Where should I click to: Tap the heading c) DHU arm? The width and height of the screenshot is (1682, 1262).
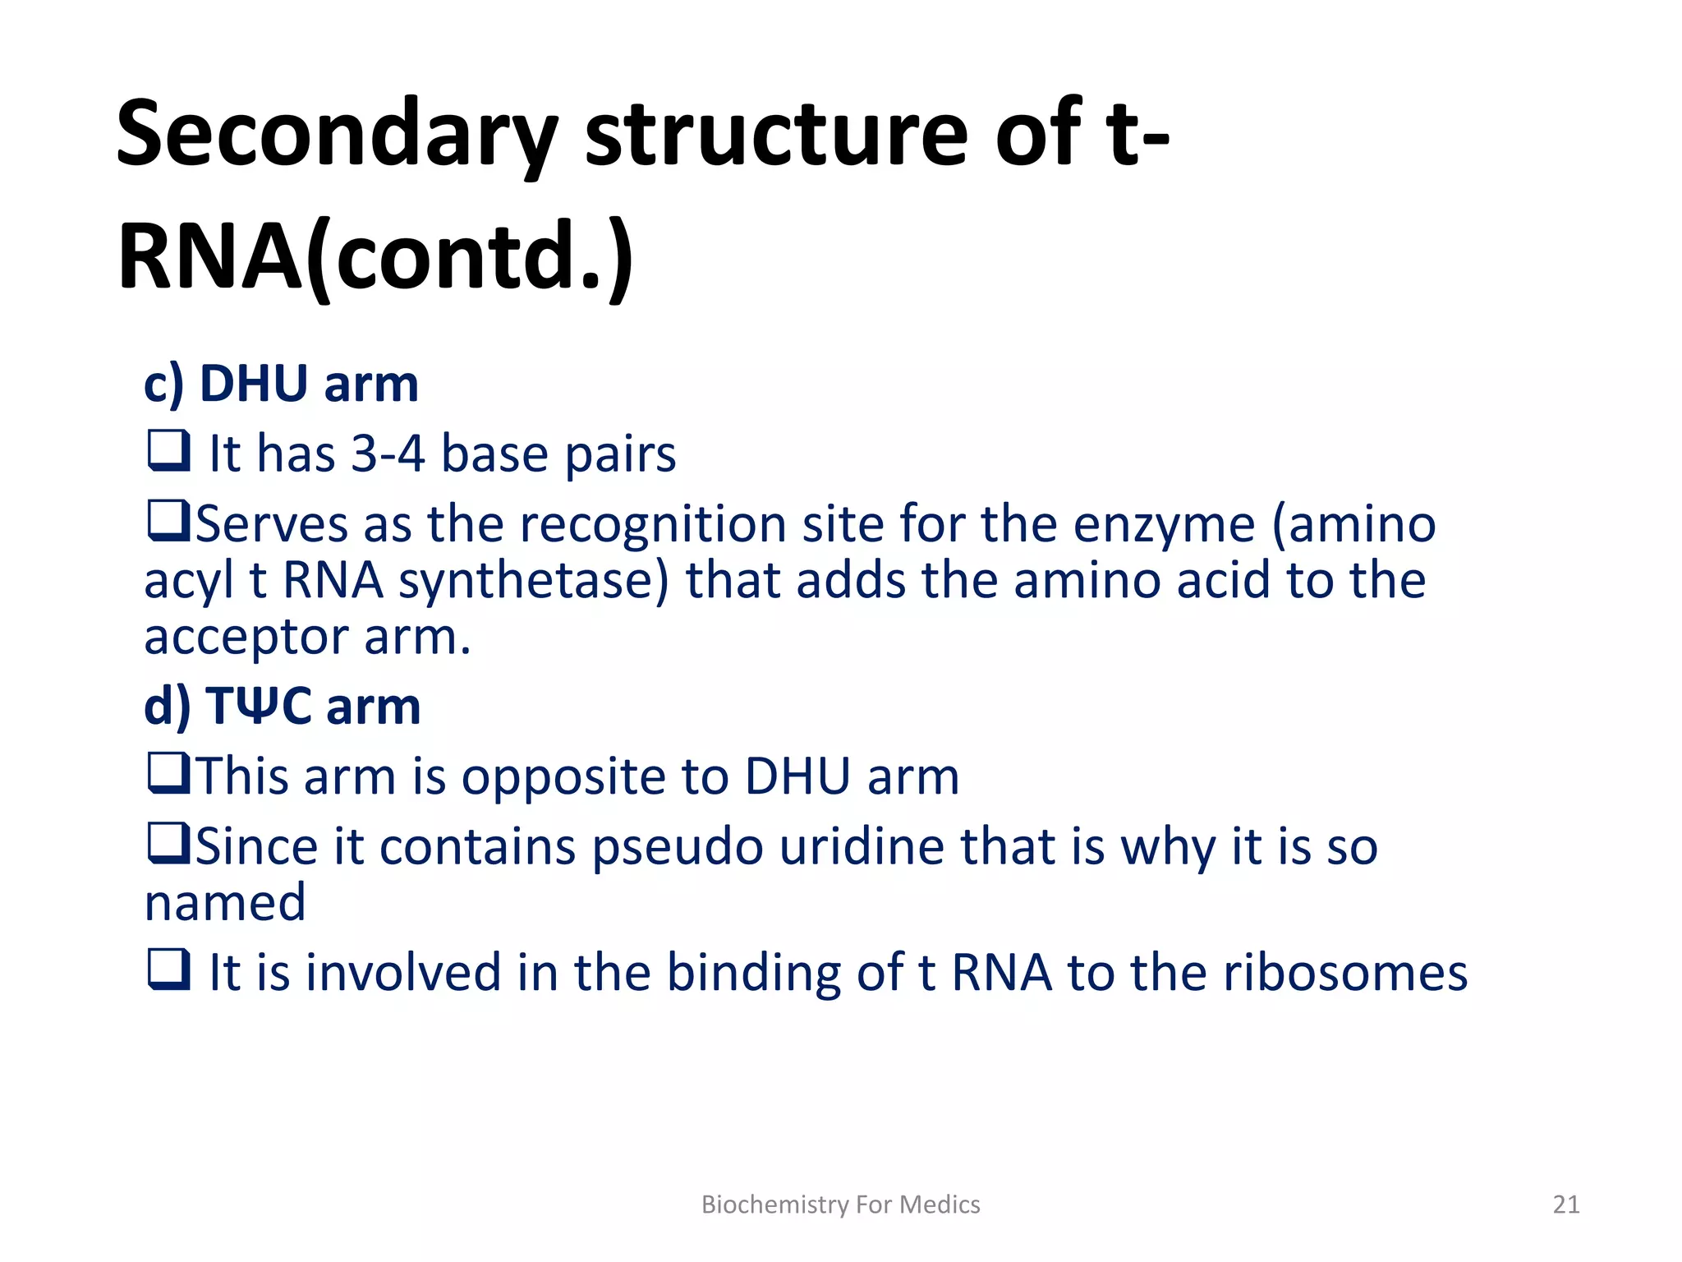pos(281,384)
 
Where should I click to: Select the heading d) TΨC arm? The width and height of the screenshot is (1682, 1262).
pos(282,706)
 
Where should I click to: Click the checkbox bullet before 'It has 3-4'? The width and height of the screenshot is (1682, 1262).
pos(168,451)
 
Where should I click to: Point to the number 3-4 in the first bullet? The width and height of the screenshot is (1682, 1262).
pos(388,454)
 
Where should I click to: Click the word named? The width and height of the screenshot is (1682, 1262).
pos(225,903)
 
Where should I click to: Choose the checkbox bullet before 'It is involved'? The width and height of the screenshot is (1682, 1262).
pos(168,970)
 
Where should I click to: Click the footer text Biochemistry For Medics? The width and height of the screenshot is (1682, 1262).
pos(840,1204)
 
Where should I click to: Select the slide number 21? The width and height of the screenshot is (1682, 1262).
pos(1565,1204)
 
